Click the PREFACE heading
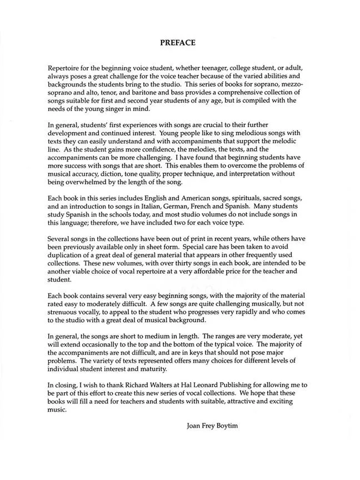point(178,42)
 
